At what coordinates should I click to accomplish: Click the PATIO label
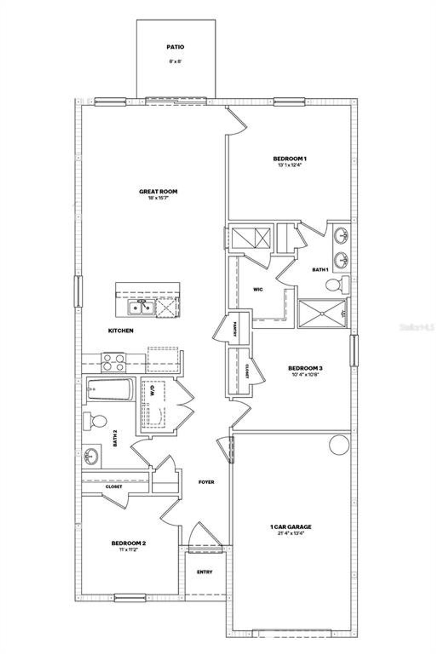(175, 47)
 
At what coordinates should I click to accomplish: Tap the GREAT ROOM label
(158, 191)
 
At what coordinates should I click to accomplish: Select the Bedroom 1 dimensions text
(290, 165)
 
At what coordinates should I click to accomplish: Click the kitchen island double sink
(141, 308)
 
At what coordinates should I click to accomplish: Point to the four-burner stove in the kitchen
(114, 362)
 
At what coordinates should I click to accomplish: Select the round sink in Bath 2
(91, 455)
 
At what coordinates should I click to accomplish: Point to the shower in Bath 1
(322, 313)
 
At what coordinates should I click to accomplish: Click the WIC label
(258, 290)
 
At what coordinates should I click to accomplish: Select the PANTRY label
(235, 329)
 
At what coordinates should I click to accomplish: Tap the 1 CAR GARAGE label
(290, 527)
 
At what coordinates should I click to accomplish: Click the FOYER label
(207, 482)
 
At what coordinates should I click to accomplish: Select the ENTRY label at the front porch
(205, 572)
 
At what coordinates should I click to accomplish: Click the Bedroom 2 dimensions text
(128, 549)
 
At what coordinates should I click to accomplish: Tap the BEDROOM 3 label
(305, 368)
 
